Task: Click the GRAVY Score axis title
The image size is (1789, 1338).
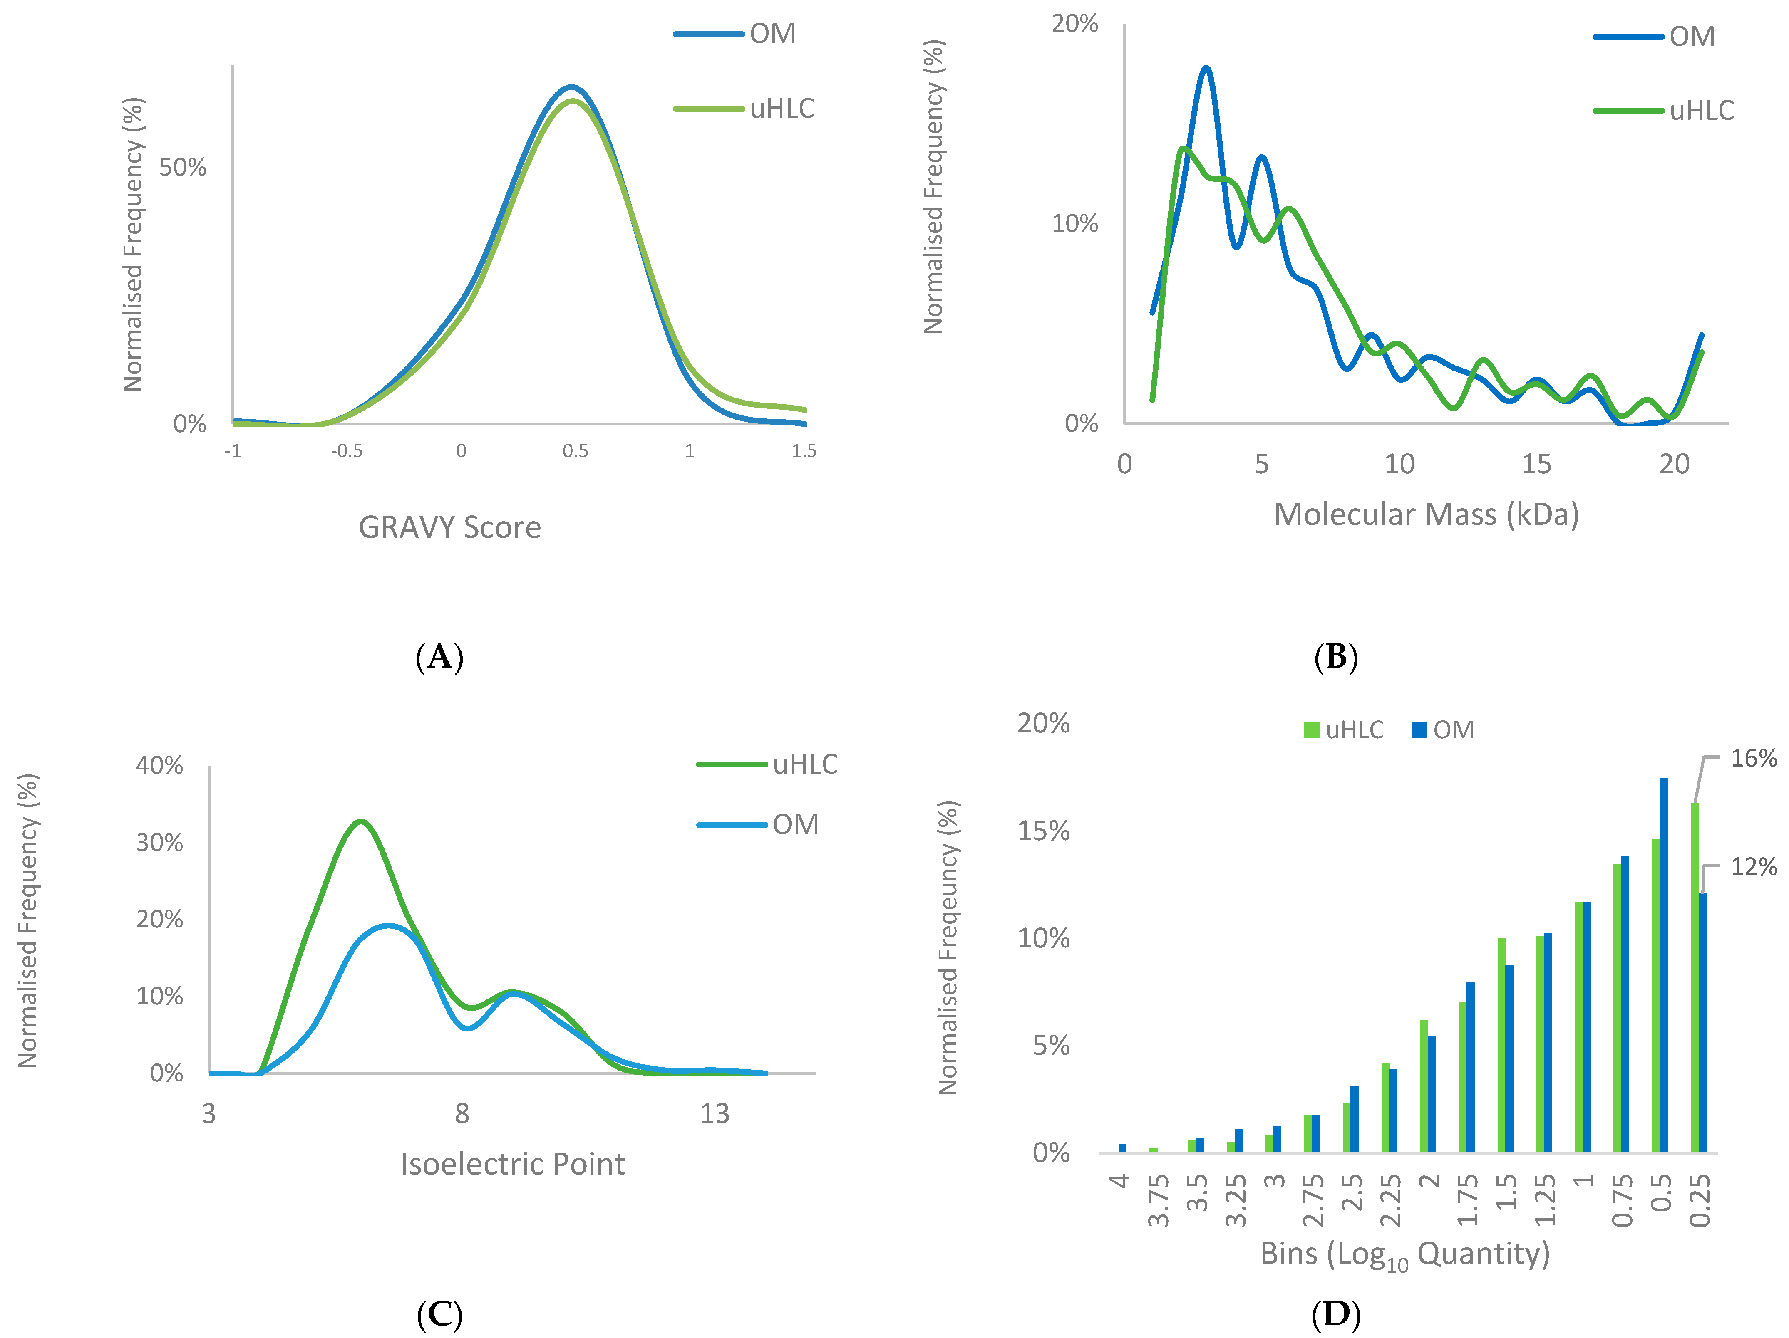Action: coord(450,527)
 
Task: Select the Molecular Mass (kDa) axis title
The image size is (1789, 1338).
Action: coord(1426,514)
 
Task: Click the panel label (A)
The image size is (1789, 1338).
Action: coord(439,657)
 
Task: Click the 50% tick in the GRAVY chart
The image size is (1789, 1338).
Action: coord(183,167)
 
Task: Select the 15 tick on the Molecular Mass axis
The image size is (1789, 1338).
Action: coord(1536,464)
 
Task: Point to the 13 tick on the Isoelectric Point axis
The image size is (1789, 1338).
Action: coord(714,1114)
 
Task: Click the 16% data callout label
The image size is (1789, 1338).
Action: coord(1753,758)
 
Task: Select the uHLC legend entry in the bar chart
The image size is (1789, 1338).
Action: coord(1344,730)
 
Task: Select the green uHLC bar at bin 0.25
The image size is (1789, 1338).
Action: coord(1695,978)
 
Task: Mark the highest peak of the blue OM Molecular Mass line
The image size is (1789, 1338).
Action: coord(1207,68)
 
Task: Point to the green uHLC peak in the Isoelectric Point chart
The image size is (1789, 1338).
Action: coord(361,822)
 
